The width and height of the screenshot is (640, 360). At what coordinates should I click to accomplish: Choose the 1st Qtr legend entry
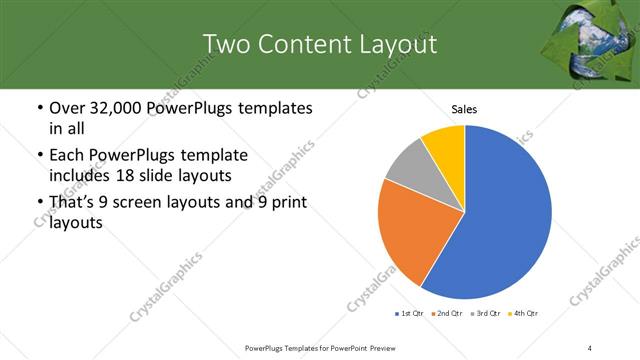coord(410,314)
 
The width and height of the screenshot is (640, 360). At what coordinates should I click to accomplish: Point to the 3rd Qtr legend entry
coord(487,314)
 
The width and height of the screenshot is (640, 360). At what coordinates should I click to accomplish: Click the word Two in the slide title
coord(227,44)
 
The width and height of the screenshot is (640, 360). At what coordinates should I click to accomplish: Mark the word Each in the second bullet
coord(68,156)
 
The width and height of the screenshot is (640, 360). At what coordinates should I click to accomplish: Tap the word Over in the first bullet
coord(69,108)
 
